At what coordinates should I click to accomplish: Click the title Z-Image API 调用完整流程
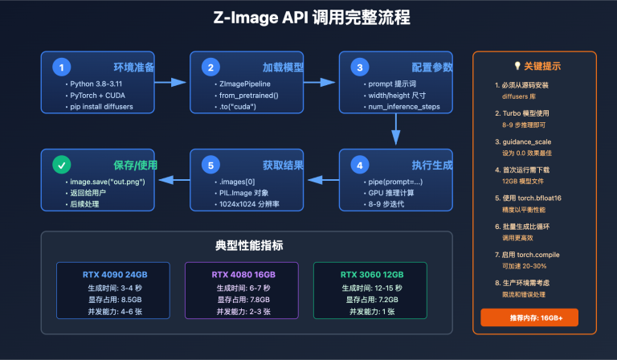pos(308,18)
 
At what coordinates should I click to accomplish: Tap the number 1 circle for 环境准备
pos(61,67)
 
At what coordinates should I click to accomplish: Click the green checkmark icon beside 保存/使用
pos(61,166)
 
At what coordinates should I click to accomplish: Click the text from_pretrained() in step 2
pos(247,95)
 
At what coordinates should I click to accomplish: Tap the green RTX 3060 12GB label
pos(372,274)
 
